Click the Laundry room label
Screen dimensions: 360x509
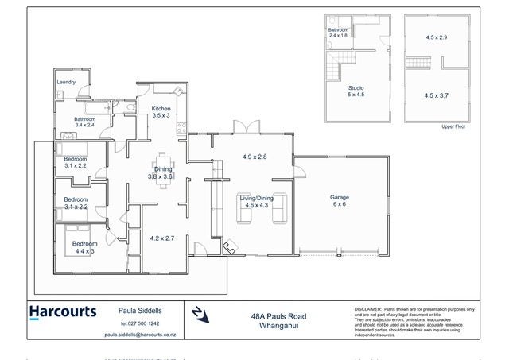(66, 81)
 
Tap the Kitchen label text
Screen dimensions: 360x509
(161, 108)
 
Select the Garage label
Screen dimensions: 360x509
(340, 197)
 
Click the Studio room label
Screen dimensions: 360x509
(356, 87)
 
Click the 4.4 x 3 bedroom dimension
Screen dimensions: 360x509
(84, 250)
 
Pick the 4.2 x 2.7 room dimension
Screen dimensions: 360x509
(162, 237)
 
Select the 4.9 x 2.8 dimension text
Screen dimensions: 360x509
(254, 157)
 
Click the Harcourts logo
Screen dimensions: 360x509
(63, 312)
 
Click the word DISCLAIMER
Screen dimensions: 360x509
(367, 308)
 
